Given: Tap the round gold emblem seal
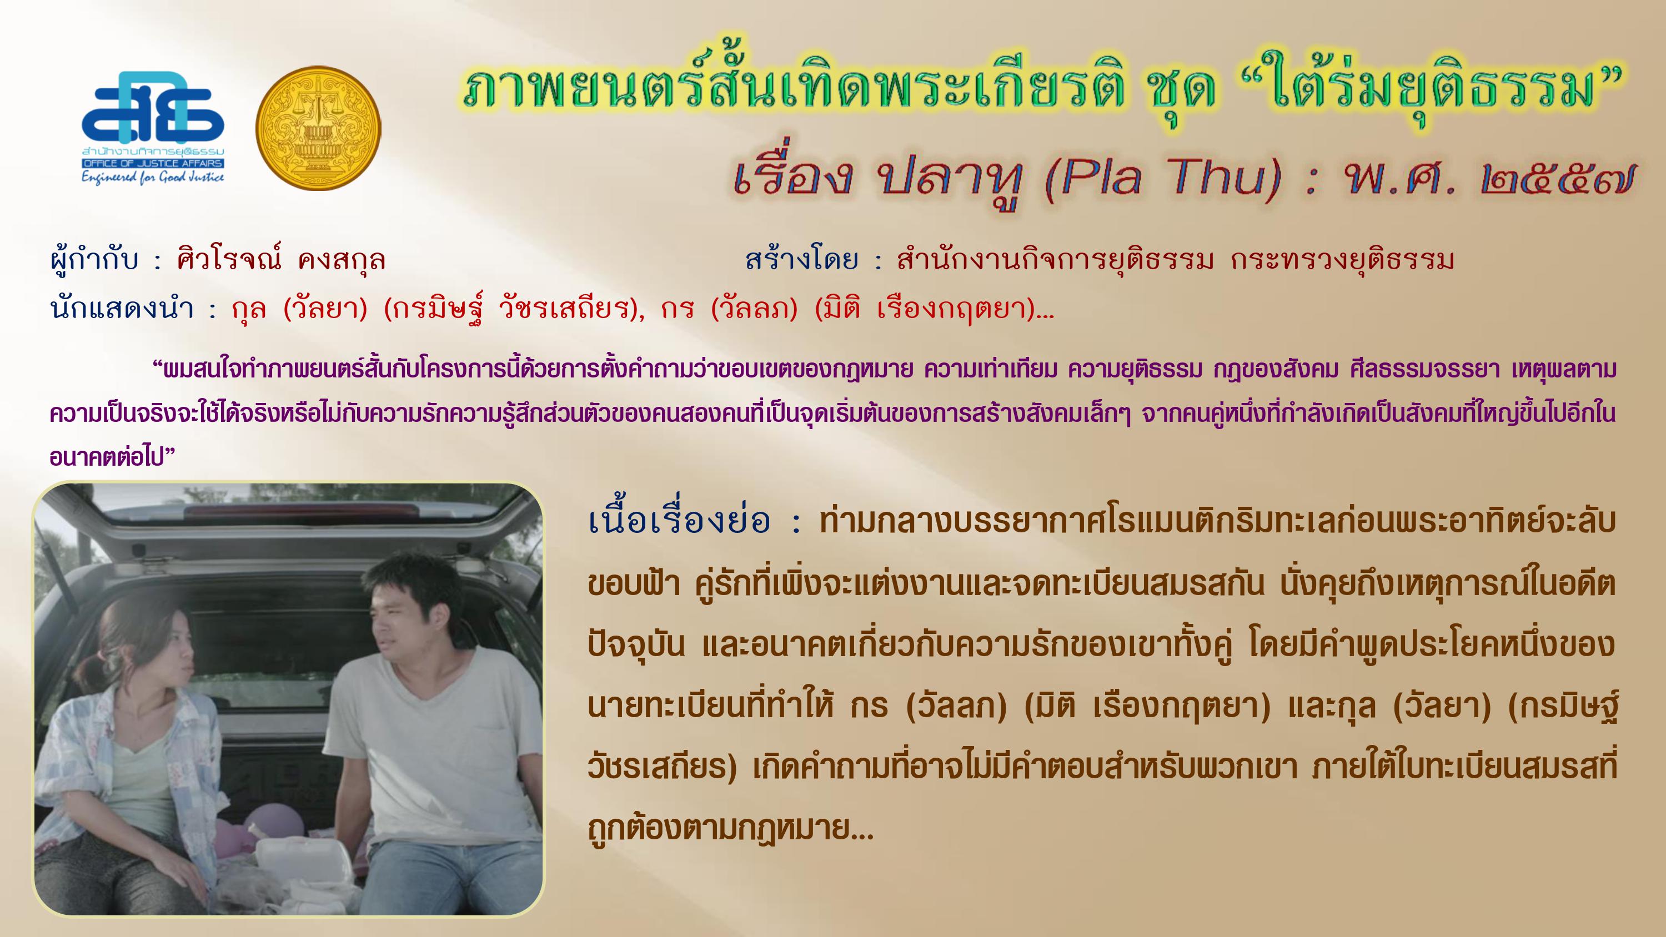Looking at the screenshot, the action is coord(318,128).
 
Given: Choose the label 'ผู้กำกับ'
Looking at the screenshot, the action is coord(94,259).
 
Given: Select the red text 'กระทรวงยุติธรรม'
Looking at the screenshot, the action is coord(1343,260).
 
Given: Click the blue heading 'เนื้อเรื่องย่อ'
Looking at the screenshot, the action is coord(679,520).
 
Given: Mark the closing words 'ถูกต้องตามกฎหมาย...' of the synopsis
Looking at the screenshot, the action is coord(731,828).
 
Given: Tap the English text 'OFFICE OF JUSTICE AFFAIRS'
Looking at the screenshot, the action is coord(153,164).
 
